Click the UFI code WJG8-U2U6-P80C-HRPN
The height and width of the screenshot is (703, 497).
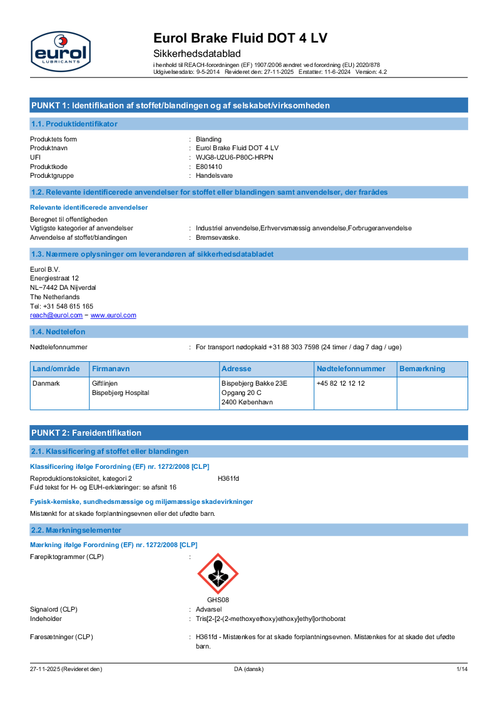tap(234, 157)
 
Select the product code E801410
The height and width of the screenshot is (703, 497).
tap(209, 167)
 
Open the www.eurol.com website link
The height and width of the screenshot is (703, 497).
tap(113, 316)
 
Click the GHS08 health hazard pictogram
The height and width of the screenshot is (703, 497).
tap(218, 573)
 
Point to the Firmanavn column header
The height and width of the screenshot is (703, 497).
tap(111, 369)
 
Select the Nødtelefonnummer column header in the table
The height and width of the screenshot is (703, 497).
tap(351, 369)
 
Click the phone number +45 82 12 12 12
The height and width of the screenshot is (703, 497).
tap(341, 383)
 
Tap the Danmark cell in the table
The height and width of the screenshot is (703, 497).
tap(46, 383)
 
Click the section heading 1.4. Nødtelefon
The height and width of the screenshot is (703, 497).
tap(58, 332)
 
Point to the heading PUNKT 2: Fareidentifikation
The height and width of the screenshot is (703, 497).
tap(86, 433)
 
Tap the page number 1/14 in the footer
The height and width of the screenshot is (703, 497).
tap(461, 669)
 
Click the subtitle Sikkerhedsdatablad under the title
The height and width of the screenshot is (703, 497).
tap(197, 54)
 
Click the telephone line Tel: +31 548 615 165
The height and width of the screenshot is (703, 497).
tap(62, 306)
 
